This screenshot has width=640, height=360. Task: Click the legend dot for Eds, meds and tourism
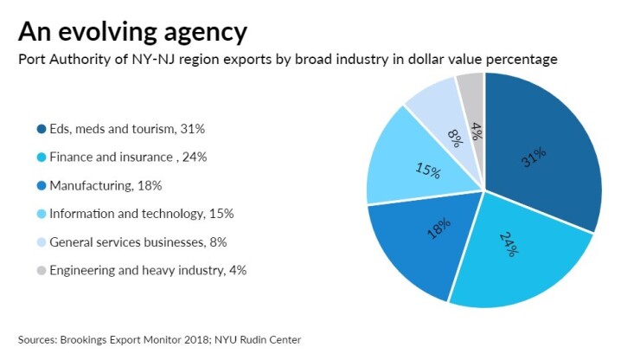point(41,129)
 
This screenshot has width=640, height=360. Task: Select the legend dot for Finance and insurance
point(41,157)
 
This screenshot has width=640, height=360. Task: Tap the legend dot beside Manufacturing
point(41,185)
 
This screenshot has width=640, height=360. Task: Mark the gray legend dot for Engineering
point(41,270)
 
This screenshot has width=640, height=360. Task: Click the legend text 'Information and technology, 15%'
point(142,214)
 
